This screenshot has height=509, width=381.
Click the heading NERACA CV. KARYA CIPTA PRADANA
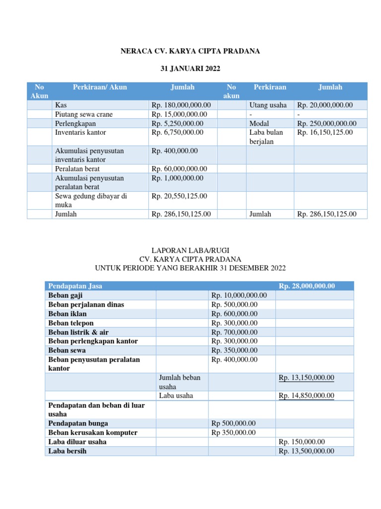coord(190,51)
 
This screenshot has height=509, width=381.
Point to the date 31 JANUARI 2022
coord(190,68)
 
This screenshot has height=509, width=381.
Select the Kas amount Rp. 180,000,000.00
coord(181,105)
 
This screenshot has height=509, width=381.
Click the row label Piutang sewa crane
coord(84,114)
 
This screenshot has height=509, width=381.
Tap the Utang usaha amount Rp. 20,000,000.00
coord(324,105)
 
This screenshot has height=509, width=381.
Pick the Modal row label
coord(259,123)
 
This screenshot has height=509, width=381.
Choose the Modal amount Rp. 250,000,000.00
coord(326,123)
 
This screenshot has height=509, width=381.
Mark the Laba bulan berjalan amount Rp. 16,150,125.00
coord(324,132)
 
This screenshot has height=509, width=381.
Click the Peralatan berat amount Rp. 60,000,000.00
coord(179,169)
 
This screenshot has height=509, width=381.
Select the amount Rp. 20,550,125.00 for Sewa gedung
coord(179,196)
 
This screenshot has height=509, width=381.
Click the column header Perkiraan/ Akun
coord(100,87)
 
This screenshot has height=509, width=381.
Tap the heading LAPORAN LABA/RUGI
coord(190,250)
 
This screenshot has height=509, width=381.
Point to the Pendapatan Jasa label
coord(75,286)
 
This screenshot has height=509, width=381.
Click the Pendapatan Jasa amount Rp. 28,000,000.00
coord(307,286)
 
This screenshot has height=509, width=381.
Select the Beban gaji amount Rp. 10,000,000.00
coord(239,295)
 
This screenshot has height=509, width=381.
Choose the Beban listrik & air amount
coord(235,332)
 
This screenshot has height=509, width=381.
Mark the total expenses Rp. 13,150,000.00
coord(306,378)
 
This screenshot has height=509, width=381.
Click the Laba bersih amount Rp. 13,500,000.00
coord(306,451)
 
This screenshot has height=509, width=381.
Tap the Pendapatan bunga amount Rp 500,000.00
coord(234,423)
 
